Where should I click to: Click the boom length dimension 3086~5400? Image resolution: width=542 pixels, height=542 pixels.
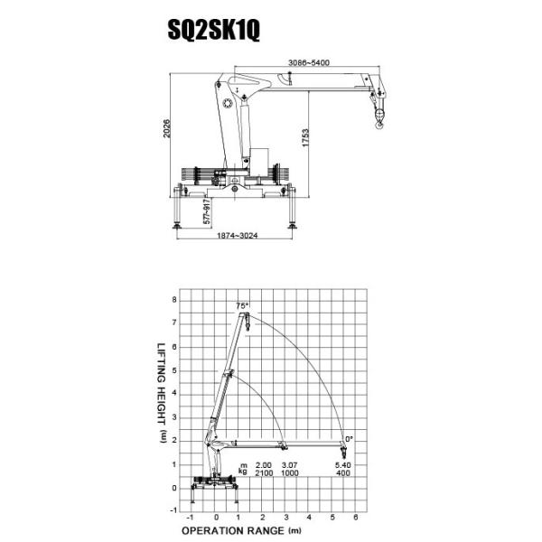click(x=308, y=61)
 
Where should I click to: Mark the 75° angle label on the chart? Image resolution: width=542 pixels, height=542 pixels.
click(x=242, y=305)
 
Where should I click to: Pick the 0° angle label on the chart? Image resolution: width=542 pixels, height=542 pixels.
click(x=349, y=438)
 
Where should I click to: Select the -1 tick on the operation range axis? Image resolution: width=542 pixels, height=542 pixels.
click(x=191, y=518)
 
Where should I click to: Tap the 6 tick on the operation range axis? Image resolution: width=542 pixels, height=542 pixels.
click(x=355, y=518)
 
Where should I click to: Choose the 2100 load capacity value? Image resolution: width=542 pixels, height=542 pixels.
click(x=264, y=473)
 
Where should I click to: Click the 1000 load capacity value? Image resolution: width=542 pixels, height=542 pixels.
click(x=290, y=473)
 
